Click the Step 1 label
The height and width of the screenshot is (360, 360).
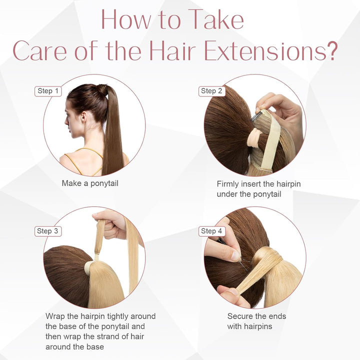[x=48, y=91]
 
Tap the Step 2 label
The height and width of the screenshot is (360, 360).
[x=211, y=91]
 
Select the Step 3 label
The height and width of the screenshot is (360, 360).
[x=48, y=231]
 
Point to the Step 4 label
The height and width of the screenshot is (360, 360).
[x=211, y=231]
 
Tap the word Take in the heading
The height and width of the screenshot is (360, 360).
[x=217, y=19]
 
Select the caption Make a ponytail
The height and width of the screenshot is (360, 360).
[x=90, y=183]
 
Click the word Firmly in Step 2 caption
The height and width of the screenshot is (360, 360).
[x=227, y=184]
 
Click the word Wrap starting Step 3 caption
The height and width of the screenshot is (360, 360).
[x=55, y=316]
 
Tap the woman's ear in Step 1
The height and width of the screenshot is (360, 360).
[x=83, y=116]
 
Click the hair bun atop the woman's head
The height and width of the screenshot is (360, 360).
[x=102, y=90]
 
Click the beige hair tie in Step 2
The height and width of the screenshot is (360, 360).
[x=254, y=135]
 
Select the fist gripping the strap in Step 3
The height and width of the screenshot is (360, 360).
[x=109, y=224]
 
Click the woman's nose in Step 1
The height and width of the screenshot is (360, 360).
[x=66, y=121]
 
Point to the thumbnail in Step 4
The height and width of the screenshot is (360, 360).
[x=235, y=255]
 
